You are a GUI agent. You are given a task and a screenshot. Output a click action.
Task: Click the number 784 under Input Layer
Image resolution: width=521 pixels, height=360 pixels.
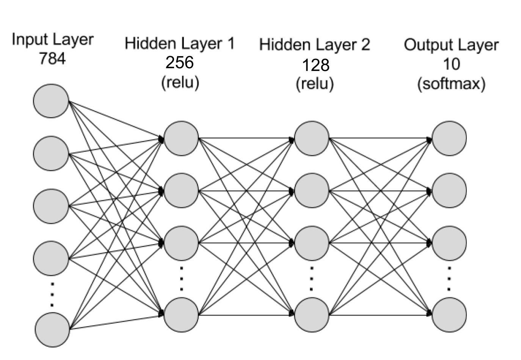pos(52,59)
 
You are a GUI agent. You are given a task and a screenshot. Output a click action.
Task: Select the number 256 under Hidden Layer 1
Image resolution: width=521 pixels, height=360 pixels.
pos(180,63)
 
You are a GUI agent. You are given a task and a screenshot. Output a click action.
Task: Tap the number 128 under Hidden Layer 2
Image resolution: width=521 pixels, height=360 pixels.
pos(315,65)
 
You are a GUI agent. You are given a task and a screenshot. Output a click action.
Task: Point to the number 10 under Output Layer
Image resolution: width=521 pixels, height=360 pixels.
pos(451,64)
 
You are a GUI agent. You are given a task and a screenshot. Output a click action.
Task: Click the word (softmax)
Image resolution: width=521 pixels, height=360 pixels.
pos(451,83)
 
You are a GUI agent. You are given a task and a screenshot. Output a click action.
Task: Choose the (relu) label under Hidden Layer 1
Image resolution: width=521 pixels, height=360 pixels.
pos(180,82)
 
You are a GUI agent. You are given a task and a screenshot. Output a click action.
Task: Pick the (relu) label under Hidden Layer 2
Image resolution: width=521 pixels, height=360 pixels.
pos(315,83)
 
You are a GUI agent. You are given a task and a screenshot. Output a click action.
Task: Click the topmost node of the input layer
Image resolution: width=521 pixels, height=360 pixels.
pos(51,101)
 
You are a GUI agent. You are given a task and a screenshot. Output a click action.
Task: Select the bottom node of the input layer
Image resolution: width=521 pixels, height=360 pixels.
pos(53,330)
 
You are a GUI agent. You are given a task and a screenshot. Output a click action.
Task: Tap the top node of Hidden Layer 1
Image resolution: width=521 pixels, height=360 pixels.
pos(181,138)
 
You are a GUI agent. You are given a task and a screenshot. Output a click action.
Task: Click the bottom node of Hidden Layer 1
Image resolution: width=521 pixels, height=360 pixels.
pos(181,315)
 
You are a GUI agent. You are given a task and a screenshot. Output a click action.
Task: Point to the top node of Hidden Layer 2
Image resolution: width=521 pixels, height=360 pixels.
pos(312,138)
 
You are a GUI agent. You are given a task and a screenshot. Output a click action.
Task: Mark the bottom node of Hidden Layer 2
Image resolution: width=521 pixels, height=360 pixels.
pos(312,315)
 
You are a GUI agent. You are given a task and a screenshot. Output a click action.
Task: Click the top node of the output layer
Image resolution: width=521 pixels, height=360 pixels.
pos(449,138)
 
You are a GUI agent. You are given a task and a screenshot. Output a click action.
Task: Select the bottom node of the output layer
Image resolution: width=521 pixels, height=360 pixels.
pos(449,315)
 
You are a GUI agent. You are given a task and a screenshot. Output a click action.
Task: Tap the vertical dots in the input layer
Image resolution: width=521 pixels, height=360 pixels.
pos(52,294)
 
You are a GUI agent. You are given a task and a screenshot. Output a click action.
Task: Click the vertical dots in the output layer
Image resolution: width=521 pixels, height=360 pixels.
pos(449,279)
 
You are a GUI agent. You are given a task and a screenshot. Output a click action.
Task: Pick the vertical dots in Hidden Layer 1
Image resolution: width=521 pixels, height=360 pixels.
pos(182,279)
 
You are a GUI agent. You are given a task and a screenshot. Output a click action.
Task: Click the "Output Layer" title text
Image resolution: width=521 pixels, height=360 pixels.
pos(451,45)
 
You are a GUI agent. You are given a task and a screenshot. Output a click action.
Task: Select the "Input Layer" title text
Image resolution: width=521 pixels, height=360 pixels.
pos(52,39)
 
